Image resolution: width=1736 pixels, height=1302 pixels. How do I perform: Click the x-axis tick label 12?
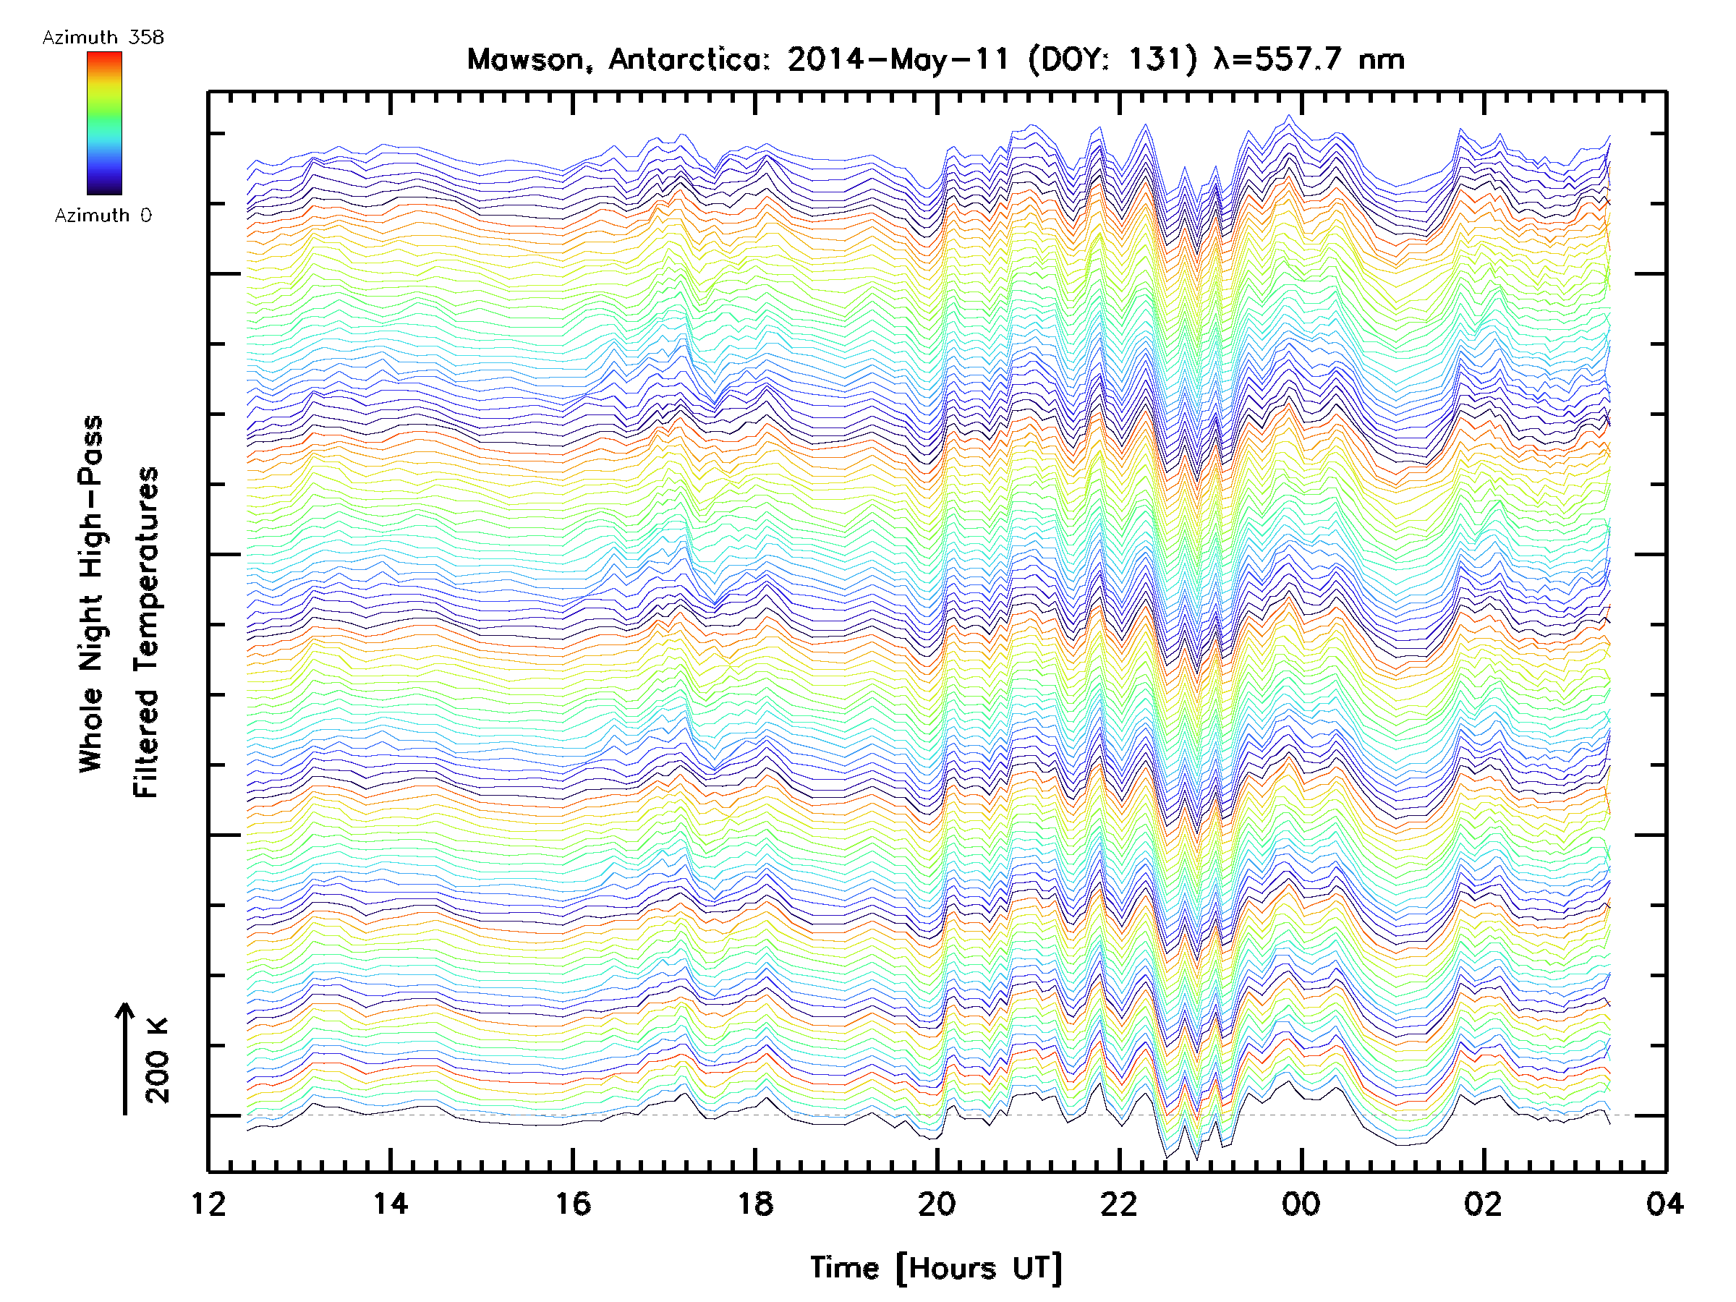pos(209,1203)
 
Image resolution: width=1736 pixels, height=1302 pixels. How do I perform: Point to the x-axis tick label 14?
pos(390,1203)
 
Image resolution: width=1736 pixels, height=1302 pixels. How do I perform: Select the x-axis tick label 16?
pos(573,1203)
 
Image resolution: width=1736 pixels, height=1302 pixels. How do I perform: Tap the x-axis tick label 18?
pos(755,1203)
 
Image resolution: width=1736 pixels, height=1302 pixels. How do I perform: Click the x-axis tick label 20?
pos(937,1203)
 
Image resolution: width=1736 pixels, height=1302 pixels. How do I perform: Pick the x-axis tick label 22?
pos(1119,1203)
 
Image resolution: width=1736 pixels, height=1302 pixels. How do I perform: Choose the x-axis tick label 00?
pos(1301,1203)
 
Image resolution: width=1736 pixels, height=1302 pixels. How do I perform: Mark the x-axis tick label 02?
pos(1484,1203)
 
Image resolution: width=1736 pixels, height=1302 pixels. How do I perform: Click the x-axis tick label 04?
pos(1664,1203)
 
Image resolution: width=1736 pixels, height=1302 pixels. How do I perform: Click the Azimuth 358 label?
pos(103,38)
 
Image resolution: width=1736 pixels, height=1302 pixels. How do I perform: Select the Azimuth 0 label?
pos(103,216)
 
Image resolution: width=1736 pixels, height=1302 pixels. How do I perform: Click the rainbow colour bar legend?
pos(104,123)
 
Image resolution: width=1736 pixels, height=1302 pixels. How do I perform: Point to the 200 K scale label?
pos(158,1060)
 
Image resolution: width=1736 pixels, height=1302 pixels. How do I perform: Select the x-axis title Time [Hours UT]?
pos(936,1268)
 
